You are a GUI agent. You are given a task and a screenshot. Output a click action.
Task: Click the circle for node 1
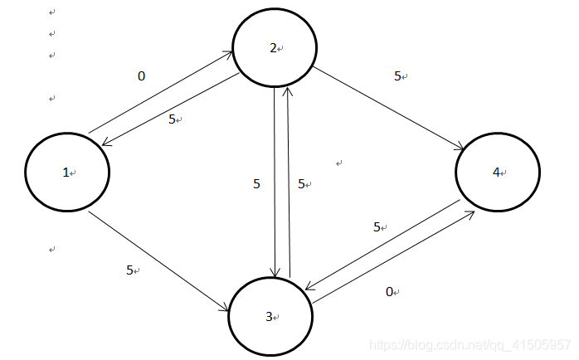coord(67,173)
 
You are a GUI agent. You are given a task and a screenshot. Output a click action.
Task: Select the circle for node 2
coord(274,48)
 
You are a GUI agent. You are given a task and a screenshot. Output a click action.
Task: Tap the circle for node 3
coord(270,315)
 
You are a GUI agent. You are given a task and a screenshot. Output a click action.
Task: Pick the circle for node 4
coord(498,173)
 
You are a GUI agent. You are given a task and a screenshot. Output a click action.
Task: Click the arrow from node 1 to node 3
coord(158,261)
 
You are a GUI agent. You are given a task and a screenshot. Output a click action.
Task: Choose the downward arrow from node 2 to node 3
coord(275,182)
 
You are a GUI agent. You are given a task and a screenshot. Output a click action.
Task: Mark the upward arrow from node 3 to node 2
coord(289,182)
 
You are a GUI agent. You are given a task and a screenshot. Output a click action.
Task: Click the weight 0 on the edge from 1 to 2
coord(141,75)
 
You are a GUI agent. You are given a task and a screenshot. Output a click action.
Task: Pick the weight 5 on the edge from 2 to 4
coord(398,75)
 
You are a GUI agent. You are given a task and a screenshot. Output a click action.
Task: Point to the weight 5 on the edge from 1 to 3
coord(129,270)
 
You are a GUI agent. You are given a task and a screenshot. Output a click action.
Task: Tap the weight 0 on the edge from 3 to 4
coord(390,291)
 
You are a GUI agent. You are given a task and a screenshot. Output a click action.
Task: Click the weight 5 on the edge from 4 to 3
coord(377,226)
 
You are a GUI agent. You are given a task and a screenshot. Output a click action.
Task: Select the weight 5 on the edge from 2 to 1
coord(172,119)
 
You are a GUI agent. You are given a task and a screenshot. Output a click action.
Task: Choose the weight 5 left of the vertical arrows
coord(256,184)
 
